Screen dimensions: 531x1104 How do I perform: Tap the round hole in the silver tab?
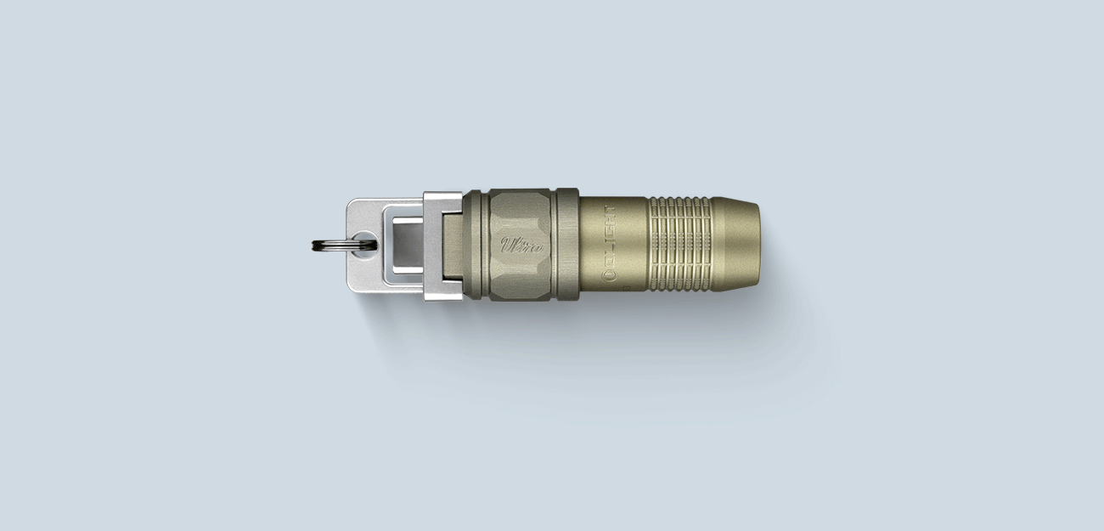coord(366,242)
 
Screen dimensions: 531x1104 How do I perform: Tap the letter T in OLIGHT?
coord(609,212)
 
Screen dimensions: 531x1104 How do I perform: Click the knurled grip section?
coord(679,245)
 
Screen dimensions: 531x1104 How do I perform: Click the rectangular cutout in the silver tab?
coord(405,243)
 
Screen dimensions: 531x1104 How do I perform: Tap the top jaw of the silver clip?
coord(443,201)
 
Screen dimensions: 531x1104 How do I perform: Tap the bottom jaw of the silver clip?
coord(443,288)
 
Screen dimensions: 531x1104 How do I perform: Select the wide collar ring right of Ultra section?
coord(566,245)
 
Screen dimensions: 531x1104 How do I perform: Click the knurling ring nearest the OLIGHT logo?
coord(653,245)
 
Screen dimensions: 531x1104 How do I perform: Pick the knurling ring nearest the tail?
coord(707,245)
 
